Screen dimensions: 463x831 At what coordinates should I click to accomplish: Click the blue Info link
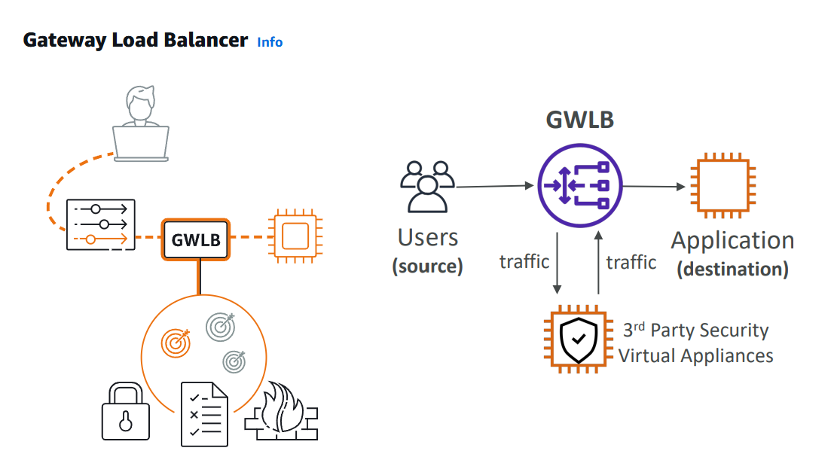[x=270, y=42]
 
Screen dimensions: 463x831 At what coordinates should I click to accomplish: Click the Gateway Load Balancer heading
[x=136, y=41]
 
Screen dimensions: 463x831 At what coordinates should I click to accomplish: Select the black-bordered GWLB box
[x=196, y=240]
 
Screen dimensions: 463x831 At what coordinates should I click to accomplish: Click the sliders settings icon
[x=101, y=224]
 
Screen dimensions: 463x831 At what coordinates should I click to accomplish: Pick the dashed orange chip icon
[x=294, y=236]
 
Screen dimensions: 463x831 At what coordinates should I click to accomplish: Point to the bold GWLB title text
[x=579, y=120]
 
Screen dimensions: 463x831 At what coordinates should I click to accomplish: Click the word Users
[x=427, y=238]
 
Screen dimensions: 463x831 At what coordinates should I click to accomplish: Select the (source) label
[x=427, y=266]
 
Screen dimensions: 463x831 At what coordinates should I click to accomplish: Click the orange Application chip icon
[x=723, y=184]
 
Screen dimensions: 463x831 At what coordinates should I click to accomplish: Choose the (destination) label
[x=732, y=269]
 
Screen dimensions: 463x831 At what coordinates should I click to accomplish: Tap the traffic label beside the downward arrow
[x=524, y=261]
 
